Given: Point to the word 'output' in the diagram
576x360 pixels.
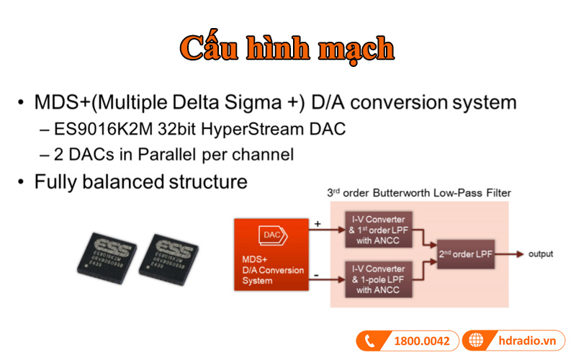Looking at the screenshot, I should pyautogui.click(x=541, y=254).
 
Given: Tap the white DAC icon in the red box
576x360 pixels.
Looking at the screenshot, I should pyautogui.click(x=271, y=235).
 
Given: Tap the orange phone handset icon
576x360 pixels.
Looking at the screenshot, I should pyautogui.click(x=372, y=341).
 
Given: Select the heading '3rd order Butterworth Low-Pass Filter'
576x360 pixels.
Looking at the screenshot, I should pyautogui.click(x=420, y=192).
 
